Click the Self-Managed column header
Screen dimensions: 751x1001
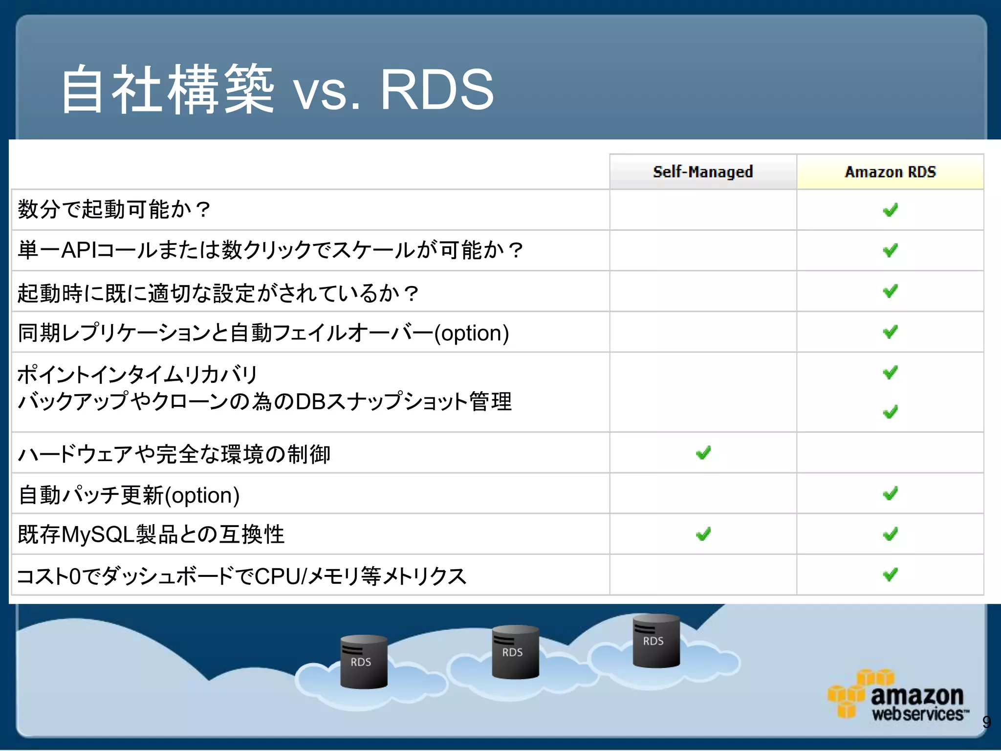pos(703,172)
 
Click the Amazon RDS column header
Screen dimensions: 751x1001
pos(890,172)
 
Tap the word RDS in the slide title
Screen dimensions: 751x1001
pos(436,90)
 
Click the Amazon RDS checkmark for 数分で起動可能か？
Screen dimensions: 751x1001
pos(890,210)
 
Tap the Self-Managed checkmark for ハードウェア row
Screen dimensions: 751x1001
pos(703,453)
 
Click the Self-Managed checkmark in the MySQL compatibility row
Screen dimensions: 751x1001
pos(703,534)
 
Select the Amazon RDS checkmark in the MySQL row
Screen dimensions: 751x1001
pos(890,534)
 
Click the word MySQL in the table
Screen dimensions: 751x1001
pos(98,534)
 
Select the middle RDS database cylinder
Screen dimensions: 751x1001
pos(515,652)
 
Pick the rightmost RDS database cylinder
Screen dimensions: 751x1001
pos(655,641)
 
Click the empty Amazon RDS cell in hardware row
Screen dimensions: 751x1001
pos(890,453)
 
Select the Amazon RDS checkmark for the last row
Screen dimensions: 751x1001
pos(890,574)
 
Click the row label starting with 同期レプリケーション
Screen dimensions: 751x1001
pos(263,333)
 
